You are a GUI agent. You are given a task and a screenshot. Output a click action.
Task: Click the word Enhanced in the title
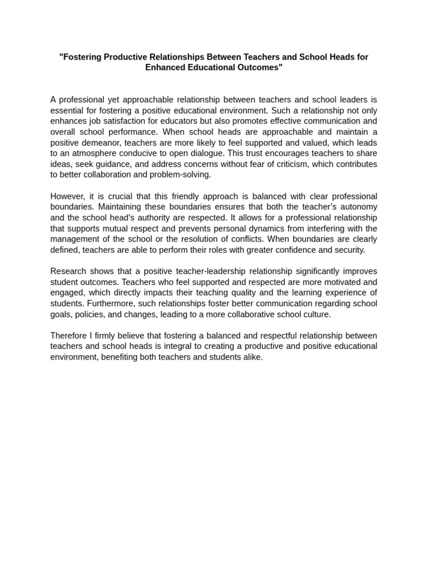point(166,67)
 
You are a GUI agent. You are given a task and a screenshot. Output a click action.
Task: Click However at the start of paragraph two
point(67,196)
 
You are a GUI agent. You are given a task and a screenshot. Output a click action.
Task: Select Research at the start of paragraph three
point(69,271)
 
